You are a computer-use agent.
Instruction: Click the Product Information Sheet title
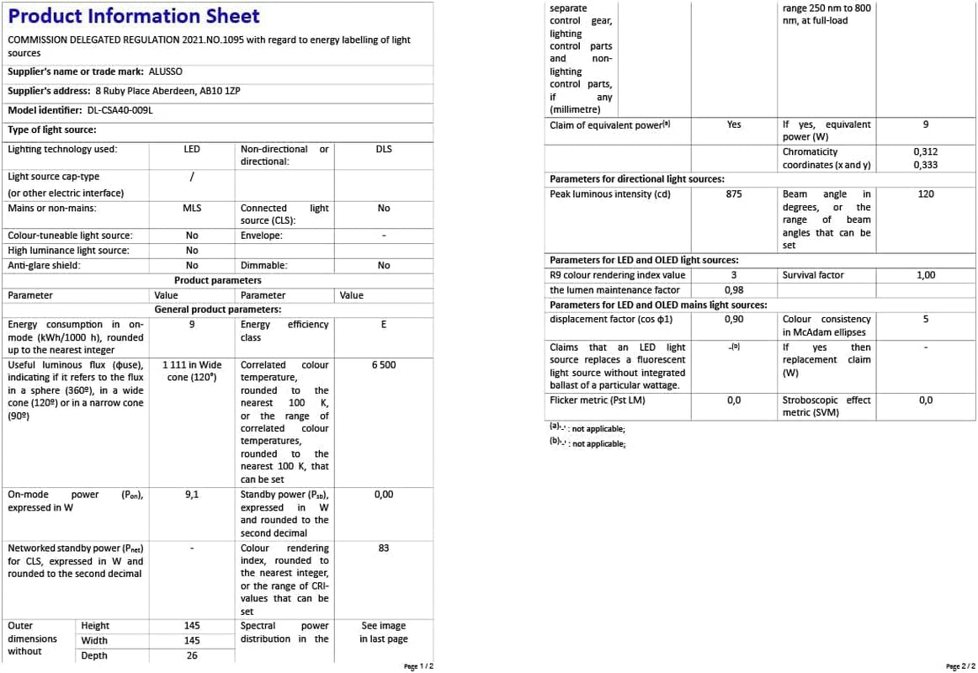point(134,16)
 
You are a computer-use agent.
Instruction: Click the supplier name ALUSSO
point(165,72)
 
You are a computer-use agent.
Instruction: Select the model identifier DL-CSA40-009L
point(120,110)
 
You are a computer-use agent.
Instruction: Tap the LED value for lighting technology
point(192,149)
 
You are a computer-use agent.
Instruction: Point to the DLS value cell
point(384,149)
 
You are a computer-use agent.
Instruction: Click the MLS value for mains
point(192,208)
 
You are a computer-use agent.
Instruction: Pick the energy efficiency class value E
point(384,325)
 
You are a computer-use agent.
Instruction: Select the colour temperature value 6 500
point(384,365)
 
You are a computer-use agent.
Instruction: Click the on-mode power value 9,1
point(192,495)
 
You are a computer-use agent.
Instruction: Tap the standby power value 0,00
point(384,495)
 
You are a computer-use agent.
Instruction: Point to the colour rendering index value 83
point(384,548)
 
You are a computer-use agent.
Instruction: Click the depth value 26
point(192,655)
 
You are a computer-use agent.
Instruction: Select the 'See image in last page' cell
point(384,633)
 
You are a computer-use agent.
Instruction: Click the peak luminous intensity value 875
point(734,194)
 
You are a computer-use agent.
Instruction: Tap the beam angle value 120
point(926,194)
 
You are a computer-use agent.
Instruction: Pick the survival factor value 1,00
point(926,275)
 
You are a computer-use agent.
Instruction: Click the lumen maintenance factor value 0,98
point(734,290)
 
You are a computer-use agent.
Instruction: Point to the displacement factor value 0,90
point(734,320)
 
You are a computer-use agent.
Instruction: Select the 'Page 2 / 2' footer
point(959,666)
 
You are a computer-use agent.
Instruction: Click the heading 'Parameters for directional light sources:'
point(636,179)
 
